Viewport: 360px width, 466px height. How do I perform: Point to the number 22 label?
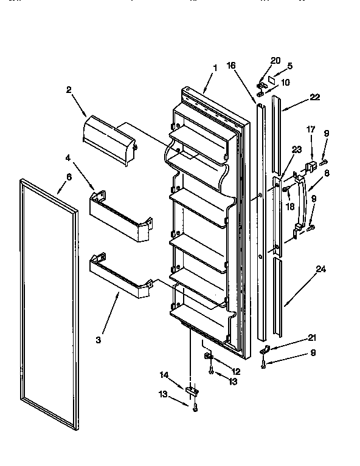pyautogui.click(x=314, y=97)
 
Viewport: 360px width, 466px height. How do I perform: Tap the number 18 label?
pyautogui.click(x=289, y=206)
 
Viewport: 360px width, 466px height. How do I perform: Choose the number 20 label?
pyautogui.click(x=275, y=61)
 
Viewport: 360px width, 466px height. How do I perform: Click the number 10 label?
pyautogui.click(x=285, y=82)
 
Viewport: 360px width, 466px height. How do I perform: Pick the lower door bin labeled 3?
pyautogui.click(x=120, y=276)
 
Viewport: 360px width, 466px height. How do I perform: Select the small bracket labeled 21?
pyautogui.click(x=265, y=351)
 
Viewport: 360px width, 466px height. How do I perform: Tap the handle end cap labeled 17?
pyautogui.click(x=310, y=165)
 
